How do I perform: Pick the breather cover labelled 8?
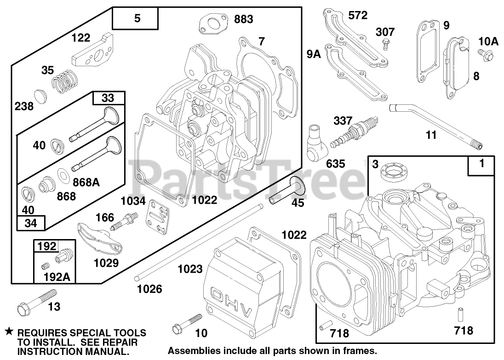pos(458,67)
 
